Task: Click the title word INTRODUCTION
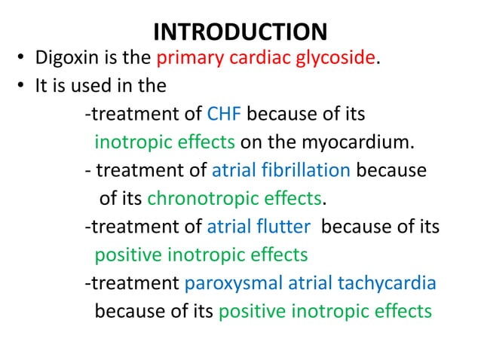pos(240,32)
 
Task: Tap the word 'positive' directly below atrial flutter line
pos(124,255)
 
